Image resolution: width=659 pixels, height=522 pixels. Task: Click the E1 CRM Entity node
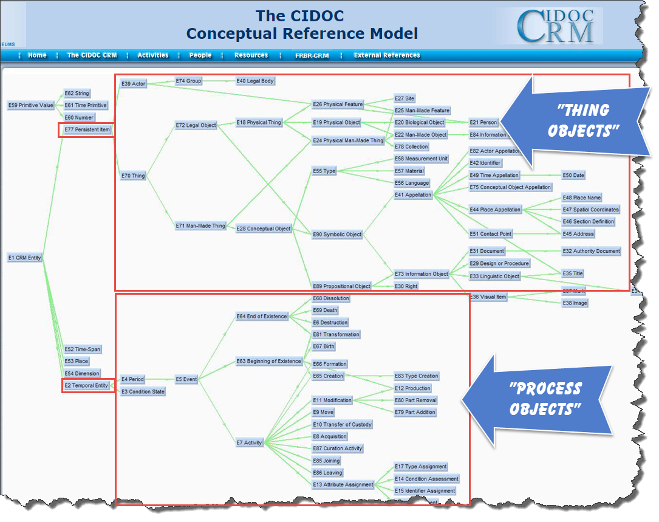coord(25,258)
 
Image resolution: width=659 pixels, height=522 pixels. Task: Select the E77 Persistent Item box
coord(87,129)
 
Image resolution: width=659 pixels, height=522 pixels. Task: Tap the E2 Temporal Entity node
coord(86,385)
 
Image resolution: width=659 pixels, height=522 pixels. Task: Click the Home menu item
coord(37,55)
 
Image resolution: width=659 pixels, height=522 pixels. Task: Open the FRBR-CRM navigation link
coord(312,55)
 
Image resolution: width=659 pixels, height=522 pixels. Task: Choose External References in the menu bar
coord(387,55)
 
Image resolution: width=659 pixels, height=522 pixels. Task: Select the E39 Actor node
coord(133,83)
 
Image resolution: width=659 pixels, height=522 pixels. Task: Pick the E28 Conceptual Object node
coord(264,228)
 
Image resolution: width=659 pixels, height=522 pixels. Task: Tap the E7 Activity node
coord(249,442)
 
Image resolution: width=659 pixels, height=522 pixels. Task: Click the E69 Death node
coord(325,311)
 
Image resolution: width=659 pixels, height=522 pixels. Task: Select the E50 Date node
coord(573,175)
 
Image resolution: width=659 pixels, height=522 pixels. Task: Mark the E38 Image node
coord(575,303)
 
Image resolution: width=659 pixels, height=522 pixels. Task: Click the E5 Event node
coord(186,379)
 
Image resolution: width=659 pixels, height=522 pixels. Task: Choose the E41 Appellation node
coord(412,195)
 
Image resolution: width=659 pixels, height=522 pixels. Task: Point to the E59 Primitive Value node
coord(31,105)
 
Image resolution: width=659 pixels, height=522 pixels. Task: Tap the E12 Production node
coord(412,388)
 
